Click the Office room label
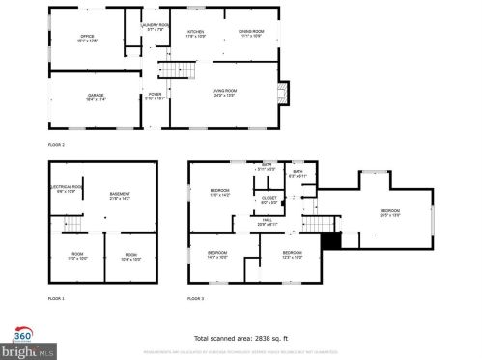click(87, 39)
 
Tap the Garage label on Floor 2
click(95, 97)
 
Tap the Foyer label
click(155, 96)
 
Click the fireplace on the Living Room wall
click(282, 94)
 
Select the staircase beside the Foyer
click(171, 68)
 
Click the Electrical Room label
click(65, 189)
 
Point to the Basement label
click(120, 195)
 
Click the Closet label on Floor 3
click(269, 200)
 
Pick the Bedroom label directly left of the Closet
click(220, 193)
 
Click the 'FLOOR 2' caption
click(56, 143)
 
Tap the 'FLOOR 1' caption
click(56, 300)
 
